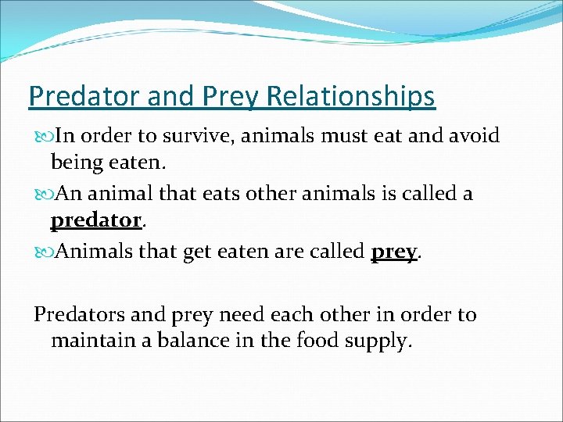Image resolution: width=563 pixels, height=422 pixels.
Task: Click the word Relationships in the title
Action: [350, 96]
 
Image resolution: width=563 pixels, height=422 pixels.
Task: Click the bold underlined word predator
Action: [95, 220]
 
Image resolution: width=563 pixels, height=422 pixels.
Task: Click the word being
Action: [77, 163]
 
